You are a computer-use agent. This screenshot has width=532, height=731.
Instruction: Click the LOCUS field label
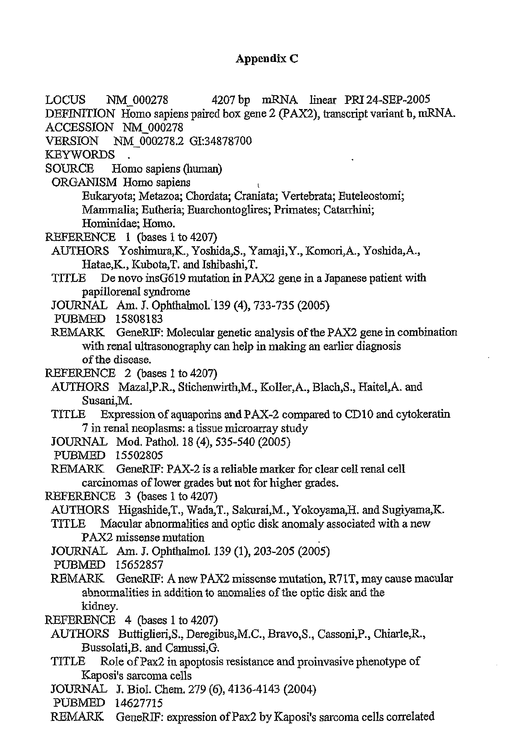[66, 100]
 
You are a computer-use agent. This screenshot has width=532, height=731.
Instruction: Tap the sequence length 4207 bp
[231, 100]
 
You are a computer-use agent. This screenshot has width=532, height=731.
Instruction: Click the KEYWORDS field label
[80, 155]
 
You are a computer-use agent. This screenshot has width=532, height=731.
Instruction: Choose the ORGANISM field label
[84, 182]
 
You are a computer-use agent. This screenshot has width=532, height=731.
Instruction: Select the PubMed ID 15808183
[139, 319]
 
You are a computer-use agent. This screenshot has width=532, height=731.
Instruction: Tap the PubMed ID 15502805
[139, 455]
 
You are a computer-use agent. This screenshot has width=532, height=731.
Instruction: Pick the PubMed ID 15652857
[139, 565]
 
